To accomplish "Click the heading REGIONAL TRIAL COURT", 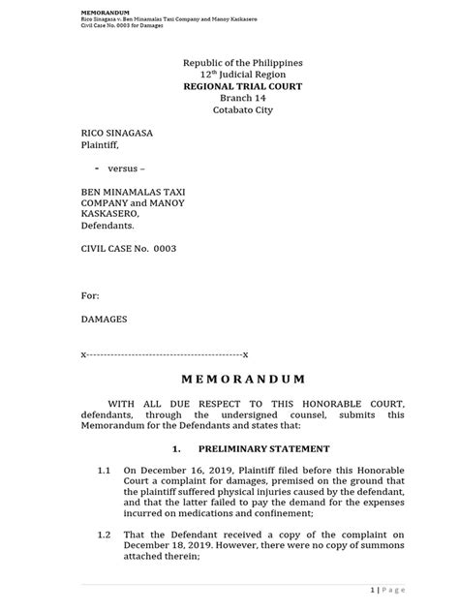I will (x=229, y=86).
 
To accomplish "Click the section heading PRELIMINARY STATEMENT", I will (x=263, y=449).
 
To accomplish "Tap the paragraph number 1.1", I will (x=107, y=469).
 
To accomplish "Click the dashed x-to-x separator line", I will (x=164, y=353).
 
